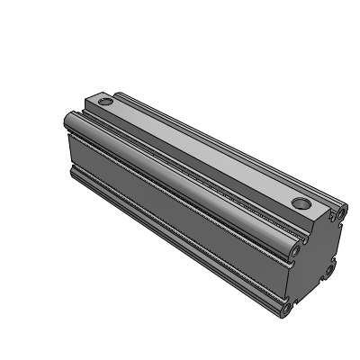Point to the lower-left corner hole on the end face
pyautogui.click(x=287, y=310)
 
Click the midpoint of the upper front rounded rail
pyautogui.click(x=180, y=180)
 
